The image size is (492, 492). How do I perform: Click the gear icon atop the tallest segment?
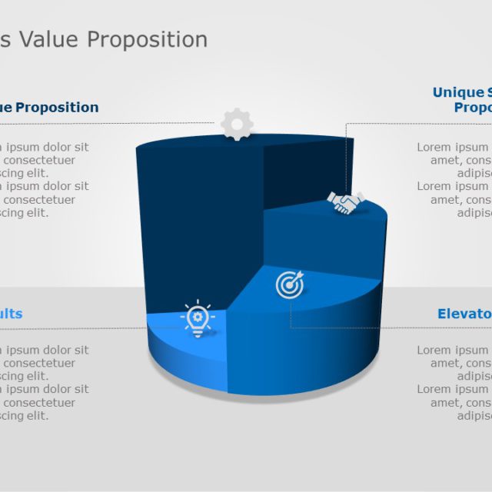237,124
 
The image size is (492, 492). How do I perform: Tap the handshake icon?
345,203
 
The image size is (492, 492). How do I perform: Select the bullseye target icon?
290,285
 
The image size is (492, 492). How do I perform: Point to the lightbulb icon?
198,318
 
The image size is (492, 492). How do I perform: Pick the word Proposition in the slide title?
147,40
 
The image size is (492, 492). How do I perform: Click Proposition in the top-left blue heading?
57,108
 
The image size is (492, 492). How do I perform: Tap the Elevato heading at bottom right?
464,314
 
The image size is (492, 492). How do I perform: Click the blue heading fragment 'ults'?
11,314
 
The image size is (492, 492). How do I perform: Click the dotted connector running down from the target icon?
291,315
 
